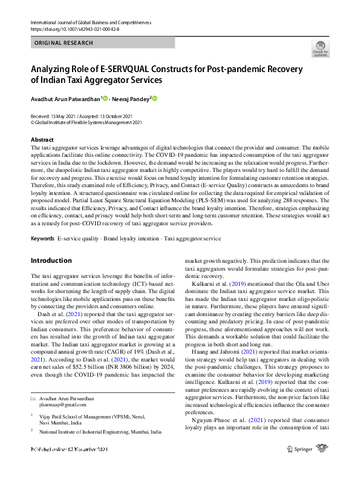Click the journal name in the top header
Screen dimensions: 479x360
91,22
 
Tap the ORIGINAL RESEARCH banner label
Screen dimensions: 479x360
64,43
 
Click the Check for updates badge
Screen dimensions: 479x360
320,48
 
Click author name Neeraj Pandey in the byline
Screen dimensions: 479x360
131,99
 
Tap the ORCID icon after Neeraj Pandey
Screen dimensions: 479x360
154,99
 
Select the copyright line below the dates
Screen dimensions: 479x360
86,122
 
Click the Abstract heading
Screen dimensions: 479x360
42,139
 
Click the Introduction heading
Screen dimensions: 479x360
51,261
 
